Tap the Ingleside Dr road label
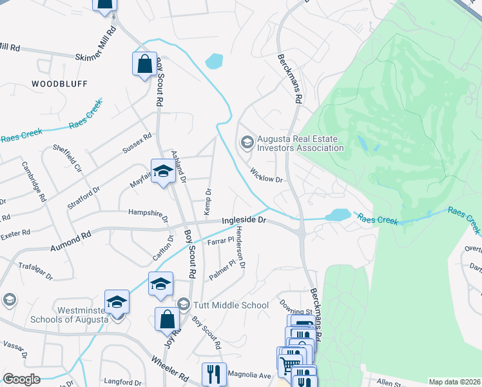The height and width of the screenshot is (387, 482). [x=244, y=220]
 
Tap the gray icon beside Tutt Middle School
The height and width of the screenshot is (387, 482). [x=183, y=304]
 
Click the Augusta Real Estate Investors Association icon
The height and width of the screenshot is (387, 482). [x=246, y=143]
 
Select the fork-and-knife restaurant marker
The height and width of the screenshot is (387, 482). [x=214, y=373]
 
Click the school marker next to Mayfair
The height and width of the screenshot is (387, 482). [x=163, y=171]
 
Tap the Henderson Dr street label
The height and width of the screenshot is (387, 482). [x=240, y=248]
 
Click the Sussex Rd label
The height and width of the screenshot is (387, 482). [x=137, y=144]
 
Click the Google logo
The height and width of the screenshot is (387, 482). [x=22, y=379]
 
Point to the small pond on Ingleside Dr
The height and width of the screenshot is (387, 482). [x=338, y=215]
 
